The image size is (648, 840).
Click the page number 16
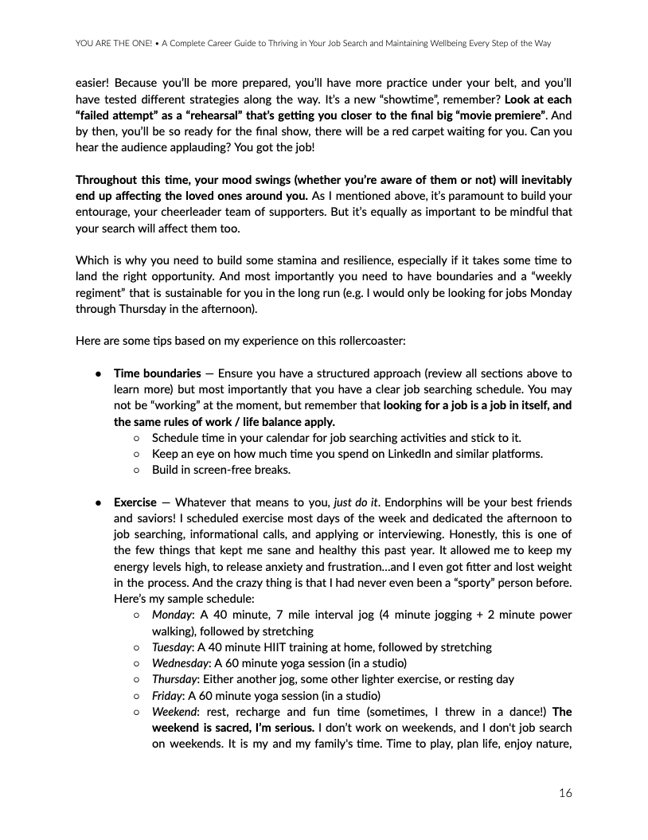[x=564, y=792]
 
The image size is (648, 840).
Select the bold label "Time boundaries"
[x=158, y=373]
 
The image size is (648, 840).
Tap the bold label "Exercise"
[x=135, y=502]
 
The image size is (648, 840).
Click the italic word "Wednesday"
[x=179, y=662]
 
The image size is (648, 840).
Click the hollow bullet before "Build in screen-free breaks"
[x=137, y=470]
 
